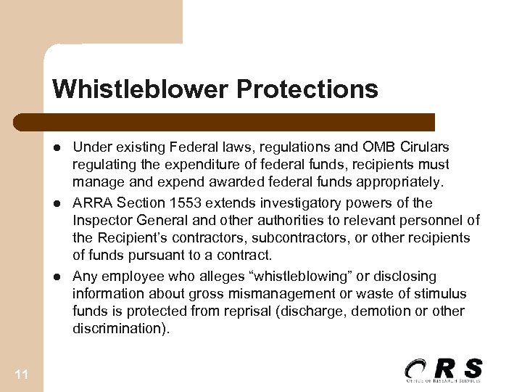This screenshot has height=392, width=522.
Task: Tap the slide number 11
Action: [21, 374]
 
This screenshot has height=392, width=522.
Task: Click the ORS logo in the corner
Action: [444, 369]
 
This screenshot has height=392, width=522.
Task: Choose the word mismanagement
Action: [266, 294]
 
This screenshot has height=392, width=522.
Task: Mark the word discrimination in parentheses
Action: [118, 329]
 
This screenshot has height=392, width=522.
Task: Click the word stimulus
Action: [442, 294]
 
